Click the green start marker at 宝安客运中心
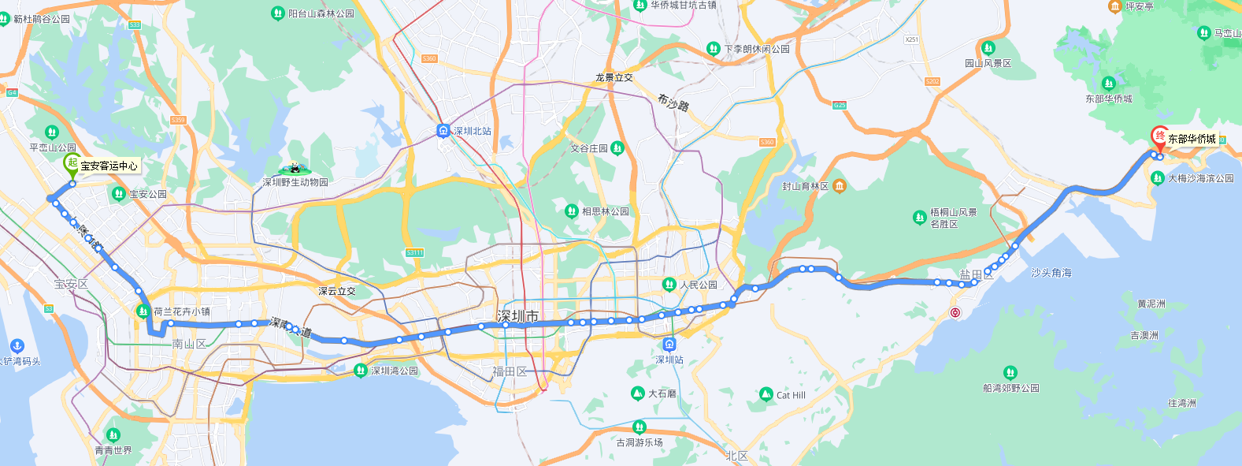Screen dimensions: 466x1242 (72, 164)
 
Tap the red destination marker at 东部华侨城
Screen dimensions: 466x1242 (1159, 137)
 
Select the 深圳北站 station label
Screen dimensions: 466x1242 (472, 131)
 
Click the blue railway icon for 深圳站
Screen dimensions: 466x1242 (669, 344)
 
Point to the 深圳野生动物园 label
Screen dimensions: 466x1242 (295, 182)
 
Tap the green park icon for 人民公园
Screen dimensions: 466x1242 (669, 285)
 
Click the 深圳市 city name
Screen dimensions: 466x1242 (517, 316)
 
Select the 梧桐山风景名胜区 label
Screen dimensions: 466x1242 (953, 218)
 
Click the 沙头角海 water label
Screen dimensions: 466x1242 (1051, 273)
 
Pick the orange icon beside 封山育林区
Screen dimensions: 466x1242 (840, 186)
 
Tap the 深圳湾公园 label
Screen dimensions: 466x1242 (395, 371)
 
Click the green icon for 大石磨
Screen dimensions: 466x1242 (638, 393)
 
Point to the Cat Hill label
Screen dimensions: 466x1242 (791, 395)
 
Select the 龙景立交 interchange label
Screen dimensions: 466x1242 (614, 78)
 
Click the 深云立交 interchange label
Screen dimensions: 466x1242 (336, 291)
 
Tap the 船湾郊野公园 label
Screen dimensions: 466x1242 (1010, 388)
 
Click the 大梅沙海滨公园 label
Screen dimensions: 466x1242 (1200, 178)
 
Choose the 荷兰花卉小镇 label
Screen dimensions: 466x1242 (182, 311)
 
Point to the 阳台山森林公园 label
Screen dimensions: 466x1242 (321, 13)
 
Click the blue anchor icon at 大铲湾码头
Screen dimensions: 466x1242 (17, 346)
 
